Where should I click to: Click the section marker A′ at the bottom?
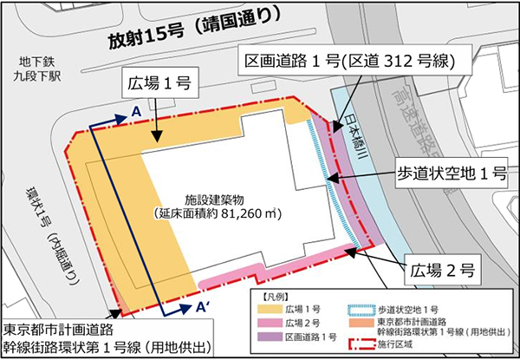(200, 305)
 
